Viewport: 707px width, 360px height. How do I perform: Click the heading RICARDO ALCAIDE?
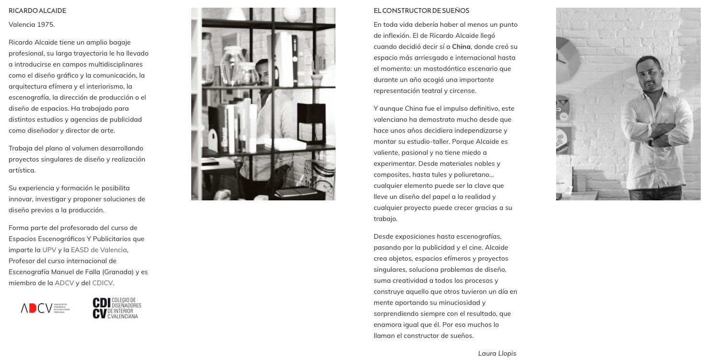(37, 11)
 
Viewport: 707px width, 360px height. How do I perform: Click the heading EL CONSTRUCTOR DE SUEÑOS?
(421, 11)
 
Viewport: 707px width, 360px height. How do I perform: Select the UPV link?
(49, 250)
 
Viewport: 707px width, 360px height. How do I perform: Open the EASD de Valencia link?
(99, 250)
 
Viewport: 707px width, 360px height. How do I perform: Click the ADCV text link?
(64, 283)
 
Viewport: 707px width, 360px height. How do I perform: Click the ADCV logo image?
(45, 308)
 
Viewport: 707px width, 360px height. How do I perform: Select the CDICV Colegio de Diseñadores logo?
(117, 308)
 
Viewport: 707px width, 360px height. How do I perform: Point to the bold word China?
(461, 46)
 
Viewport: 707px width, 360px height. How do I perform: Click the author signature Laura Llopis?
(497, 353)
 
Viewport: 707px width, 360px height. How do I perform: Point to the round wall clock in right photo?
(568, 53)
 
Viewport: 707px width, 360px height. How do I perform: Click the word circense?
(464, 91)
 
